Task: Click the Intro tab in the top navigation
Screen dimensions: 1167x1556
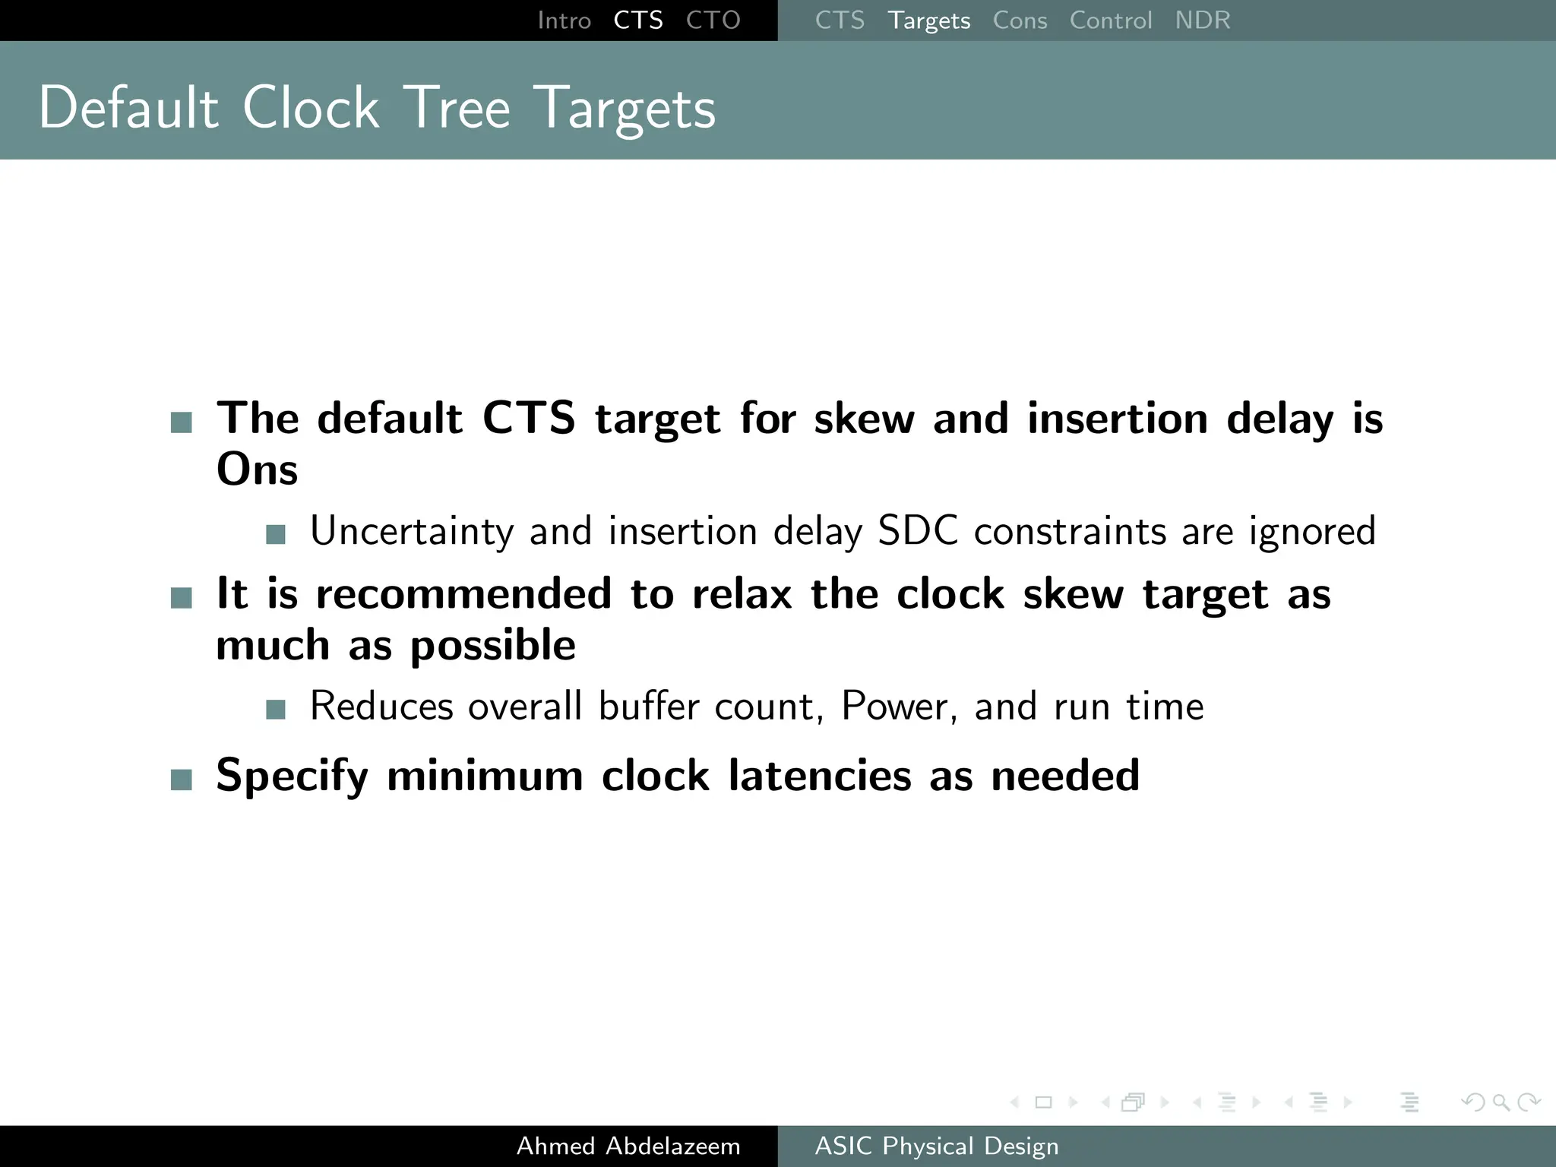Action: click(564, 21)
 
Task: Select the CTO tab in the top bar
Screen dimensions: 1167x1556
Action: click(713, 21)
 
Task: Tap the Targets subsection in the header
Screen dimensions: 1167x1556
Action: click(928, 21)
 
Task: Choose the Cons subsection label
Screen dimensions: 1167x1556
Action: click(1020, 21)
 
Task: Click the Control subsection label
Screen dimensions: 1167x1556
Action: click(1110, 21)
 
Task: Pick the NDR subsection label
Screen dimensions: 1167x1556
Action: click(1202, 21)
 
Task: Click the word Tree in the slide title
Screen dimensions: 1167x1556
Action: click(456, 108)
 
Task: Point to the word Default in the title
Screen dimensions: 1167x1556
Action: click(128, 108)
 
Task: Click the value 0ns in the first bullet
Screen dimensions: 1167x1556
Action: click(257, 470)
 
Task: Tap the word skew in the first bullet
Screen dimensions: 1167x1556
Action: click(864, 419)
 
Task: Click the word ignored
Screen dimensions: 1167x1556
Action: click(1312, 532)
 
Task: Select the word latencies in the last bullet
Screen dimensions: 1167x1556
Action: click(819, 776)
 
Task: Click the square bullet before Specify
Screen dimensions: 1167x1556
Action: click(182, 780)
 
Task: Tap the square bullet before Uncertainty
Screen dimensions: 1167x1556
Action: click(276, 534)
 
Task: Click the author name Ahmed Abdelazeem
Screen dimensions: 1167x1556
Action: click(628, 1146)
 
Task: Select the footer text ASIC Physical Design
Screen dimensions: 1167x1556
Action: click(936, 1146)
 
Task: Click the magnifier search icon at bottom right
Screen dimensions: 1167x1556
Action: click(1501, 1102)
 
